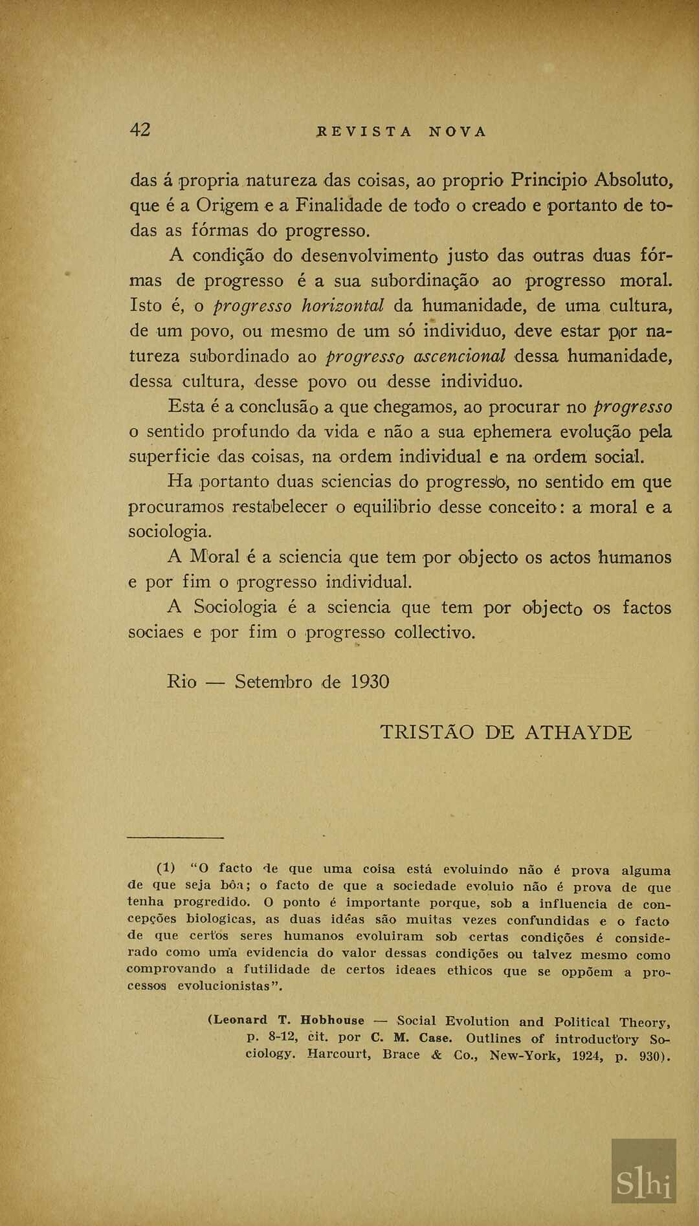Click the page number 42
(140, 130)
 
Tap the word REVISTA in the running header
(364, 132)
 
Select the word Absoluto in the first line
(634, 179)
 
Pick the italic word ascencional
(460, 356)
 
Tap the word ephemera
(513, 432)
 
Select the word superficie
(169, 457)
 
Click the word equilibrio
(392, 507)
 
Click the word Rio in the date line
(181, 682)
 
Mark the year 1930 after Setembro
(370, 682)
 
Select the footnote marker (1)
(166, 868)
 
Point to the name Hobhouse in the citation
(333, 1020)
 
